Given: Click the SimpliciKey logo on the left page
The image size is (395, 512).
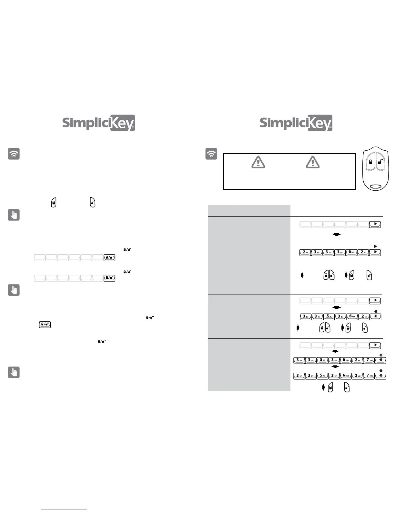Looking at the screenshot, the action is (x=98, y=123).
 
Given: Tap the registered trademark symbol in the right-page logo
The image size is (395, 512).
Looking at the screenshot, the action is (x=330, y=128).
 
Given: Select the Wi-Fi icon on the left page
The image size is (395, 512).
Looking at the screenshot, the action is (x=14, y=154).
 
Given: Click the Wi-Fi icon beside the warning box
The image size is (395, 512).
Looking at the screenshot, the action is (x=211, y=154).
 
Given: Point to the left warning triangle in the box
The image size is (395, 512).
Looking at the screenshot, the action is (x=258, y=162).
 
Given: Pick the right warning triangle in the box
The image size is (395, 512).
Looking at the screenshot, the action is (x=313, y=162).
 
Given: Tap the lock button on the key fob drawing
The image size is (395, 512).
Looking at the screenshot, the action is (x=371, y=162).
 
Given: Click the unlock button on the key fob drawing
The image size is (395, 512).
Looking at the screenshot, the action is (x=380, y=162).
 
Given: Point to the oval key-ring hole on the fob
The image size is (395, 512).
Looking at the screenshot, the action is (x=376, y=187).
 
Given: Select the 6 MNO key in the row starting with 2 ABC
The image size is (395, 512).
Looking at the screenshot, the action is (x=352, y=252).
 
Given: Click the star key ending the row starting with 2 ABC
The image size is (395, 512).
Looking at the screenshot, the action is (x=375, y=252).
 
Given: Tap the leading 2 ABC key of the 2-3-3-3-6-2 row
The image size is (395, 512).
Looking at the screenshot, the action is (x=305, y=252).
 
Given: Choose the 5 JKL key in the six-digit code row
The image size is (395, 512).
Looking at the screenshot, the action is (x=329, y=316).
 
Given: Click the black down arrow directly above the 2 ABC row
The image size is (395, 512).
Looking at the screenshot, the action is (x=337, y=234).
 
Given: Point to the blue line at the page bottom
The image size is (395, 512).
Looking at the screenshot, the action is (x=64, y=509).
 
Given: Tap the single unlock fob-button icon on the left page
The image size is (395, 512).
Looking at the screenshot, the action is (x=93, y=202).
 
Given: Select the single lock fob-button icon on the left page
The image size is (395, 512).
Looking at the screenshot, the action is (x=54, y=202).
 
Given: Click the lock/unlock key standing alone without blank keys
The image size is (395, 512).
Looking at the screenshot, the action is (x=45, y=325).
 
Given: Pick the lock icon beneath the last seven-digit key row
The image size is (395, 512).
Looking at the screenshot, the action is (x=330, y=387).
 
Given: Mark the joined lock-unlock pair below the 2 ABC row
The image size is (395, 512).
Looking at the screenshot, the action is (x=329, y=275).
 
